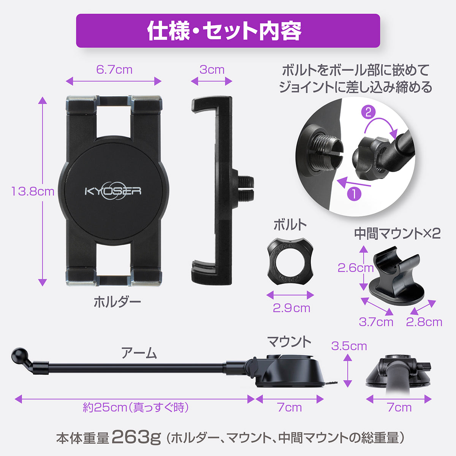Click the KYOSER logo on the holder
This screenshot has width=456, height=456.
coord(113,190)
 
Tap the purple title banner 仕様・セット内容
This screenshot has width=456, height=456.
coord(228,31)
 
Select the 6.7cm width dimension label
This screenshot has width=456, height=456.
coord(114,70)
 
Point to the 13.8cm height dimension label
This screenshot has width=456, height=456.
coord(33,191)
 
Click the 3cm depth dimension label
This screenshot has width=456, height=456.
coord(212,70)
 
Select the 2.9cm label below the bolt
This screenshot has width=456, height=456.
coord(291,308)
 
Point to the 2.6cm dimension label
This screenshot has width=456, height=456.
coord(355,268)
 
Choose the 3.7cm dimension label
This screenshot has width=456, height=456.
coord(376,322)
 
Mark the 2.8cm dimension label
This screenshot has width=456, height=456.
coord(424,322)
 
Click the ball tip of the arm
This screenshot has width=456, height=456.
coord(19,355)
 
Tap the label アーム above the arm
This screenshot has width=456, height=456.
coord(139,353)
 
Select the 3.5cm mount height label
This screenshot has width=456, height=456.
coord(349,346)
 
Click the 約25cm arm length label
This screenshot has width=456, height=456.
coord(136,408)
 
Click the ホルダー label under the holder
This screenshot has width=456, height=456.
coord(117,302)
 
